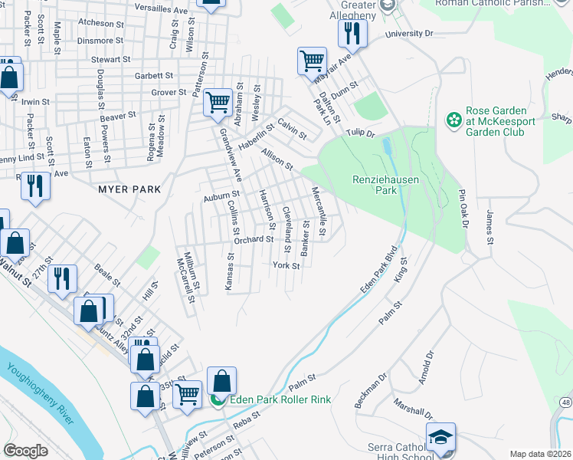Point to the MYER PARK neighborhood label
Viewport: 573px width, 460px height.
click(x=129, y=189)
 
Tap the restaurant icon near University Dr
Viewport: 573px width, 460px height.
click(x=353, y=33)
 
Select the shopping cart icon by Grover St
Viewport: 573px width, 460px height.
click(x=218, y=101)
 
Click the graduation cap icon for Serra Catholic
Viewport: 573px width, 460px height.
click(x=440, y=436)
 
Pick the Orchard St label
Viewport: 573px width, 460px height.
click(x=254, y=239)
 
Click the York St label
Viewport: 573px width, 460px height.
click(x=286, y=265)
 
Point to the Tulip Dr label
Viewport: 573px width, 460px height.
click(x=359, y=133)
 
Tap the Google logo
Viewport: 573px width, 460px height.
click(x=26, y=451)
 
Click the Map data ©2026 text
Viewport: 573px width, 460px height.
click(x=540, y=454)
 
